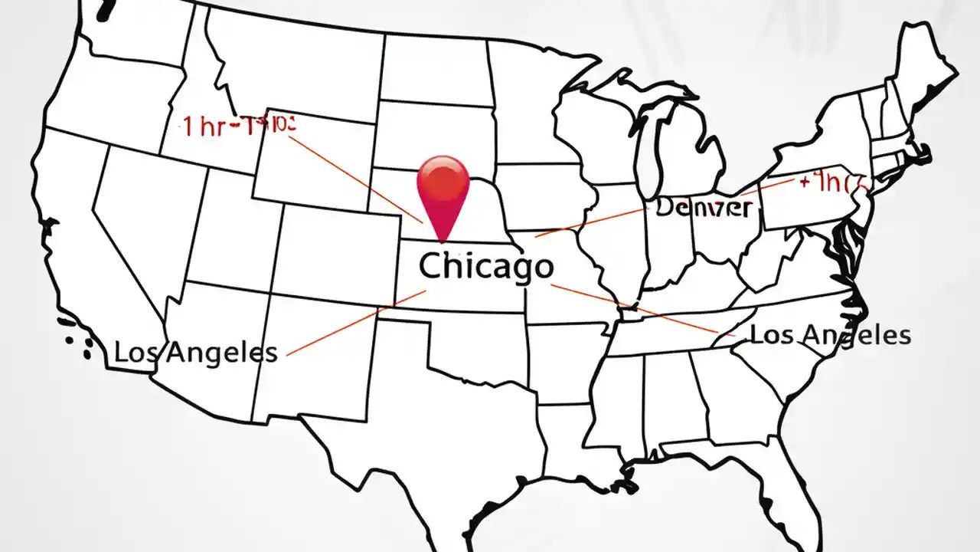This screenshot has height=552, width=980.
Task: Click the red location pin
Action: [443, 184]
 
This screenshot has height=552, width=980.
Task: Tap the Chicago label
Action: [486, 266]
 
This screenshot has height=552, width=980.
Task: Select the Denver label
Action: [704, 207]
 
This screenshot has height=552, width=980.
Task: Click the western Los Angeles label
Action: [195, 353]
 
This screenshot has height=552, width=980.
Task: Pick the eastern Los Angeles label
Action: [830, 334]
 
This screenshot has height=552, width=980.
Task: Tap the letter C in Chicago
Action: [431, 266]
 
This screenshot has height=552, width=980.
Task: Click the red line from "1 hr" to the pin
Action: [360, 176]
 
